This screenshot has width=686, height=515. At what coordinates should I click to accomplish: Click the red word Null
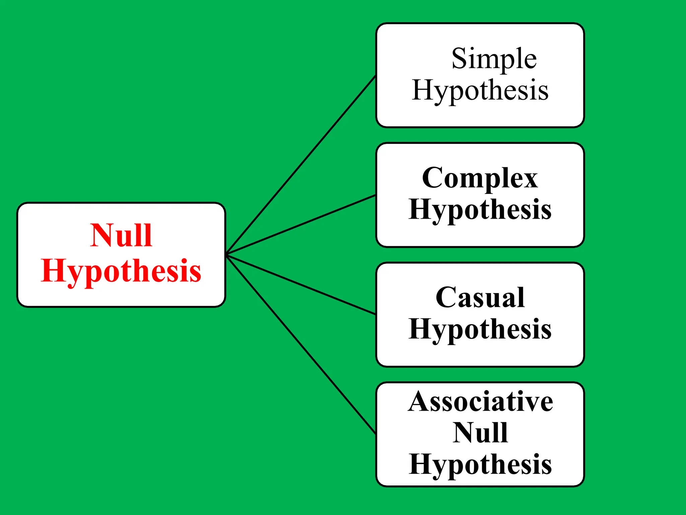tap(121, 236)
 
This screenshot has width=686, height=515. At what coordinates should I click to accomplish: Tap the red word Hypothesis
tap(121, 271)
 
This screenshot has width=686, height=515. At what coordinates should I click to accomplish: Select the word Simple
tap(494, 59)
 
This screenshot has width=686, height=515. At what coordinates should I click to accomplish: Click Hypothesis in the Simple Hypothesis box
tap(480, 90)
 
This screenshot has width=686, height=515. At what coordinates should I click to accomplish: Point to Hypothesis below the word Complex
tap(480, 210)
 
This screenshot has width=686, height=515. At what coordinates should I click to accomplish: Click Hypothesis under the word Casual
tap(480, 329)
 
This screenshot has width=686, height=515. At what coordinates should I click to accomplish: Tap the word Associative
tap(480, 402)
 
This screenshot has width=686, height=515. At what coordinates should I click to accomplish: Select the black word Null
tap(480, 433)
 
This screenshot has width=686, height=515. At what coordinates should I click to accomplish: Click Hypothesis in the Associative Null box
tap(480, 464)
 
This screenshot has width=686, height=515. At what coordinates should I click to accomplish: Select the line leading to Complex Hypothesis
tap(301, 224)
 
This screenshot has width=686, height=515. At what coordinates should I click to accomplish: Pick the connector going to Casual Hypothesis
tap(301, 284)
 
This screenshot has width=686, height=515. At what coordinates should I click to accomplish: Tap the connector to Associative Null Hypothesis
tap(301, 344)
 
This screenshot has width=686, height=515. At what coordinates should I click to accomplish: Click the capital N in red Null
tap(102, 235)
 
